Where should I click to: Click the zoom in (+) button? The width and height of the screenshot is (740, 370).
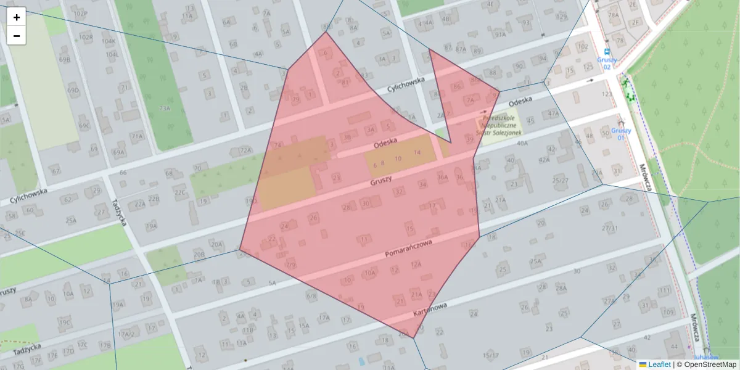point(17,17)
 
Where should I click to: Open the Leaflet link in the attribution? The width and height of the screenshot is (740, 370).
point(659,364)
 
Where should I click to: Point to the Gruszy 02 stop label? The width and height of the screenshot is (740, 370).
point(607,63)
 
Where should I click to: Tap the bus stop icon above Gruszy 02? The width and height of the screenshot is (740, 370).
point(607,52)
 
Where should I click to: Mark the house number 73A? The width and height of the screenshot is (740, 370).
point(164,109)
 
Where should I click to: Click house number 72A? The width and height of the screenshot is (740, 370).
point(246,150)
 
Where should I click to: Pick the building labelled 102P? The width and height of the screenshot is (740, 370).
point(80,14)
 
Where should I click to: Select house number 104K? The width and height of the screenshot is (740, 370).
point(109,42)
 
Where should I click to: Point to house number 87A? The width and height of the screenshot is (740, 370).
point(461,49)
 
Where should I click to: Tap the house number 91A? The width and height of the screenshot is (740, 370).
point(500,35)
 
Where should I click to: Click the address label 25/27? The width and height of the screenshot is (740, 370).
point(561,180)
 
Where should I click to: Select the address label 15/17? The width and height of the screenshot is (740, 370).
point(491,355)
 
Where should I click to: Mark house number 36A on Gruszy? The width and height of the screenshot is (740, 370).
point(442,178)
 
